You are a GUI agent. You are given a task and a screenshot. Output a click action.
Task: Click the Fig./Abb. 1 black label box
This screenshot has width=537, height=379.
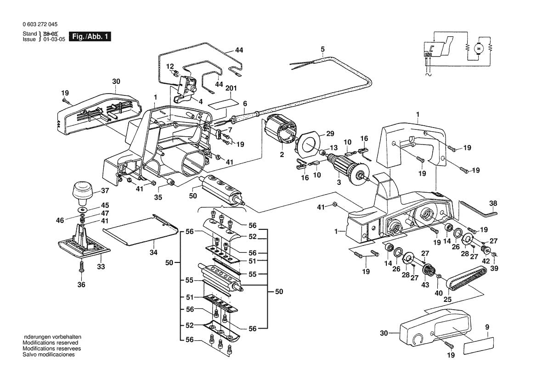[x=90, y=36]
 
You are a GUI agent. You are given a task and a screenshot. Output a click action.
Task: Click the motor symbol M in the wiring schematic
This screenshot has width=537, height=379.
[x=479, y=47]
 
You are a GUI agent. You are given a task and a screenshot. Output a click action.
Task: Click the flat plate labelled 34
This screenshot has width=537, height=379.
[x=141, y=229]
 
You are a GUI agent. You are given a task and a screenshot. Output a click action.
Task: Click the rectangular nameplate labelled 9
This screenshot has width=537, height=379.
[x=479, y=345]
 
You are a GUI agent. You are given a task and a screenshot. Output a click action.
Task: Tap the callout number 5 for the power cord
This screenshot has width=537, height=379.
[x=322, y=49]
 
